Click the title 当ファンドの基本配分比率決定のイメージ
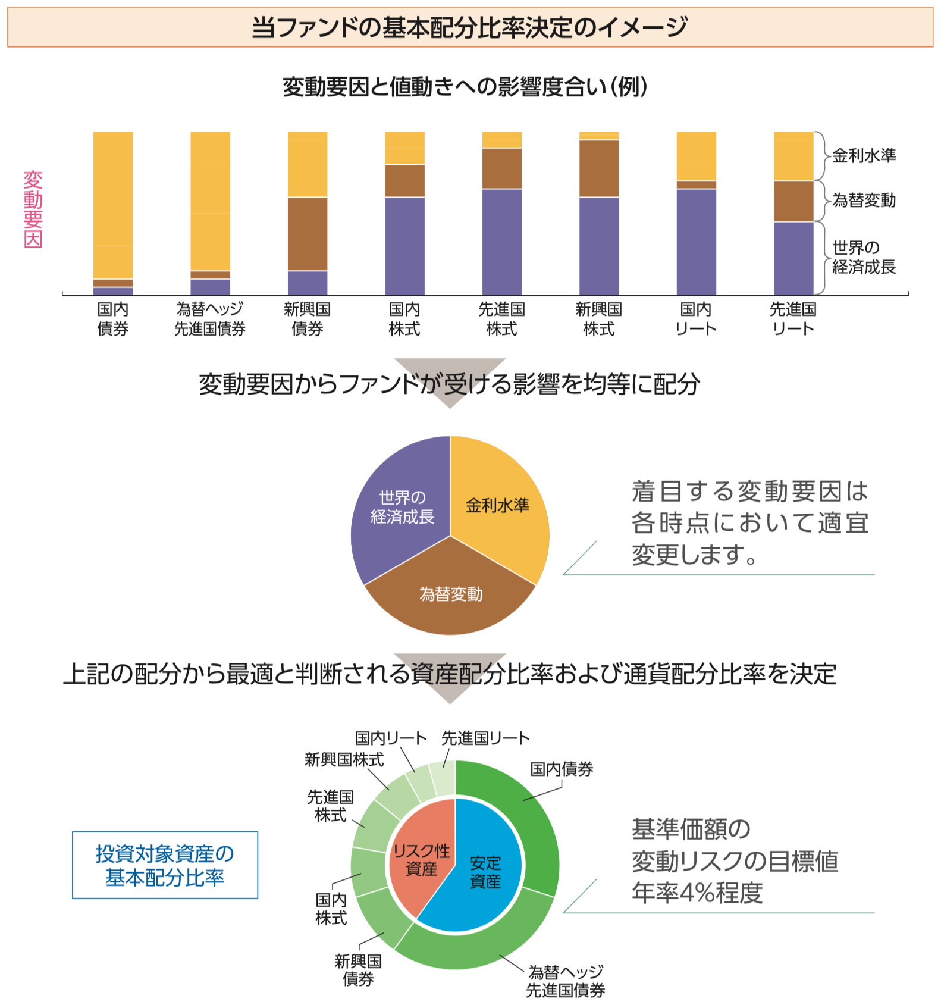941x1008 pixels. point(469,27)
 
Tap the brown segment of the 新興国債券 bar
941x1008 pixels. point(308,234)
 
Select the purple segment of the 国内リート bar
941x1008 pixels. point(696,242)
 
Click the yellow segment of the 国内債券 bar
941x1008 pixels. point(113,205)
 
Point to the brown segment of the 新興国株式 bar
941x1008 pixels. point(599,168)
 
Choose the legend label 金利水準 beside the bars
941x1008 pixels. point(864,156)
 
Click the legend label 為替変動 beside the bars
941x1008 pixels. point(864,201)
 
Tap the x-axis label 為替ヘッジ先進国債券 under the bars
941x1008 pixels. point(210,319)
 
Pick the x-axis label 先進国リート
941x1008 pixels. point(793,319)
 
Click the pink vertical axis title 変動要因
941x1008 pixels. point(33,209)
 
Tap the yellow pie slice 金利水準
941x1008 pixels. point(497,505)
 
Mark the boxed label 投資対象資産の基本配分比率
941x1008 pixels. point(165,865)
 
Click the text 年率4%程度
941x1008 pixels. point(697,893)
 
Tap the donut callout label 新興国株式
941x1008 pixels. point(344,760)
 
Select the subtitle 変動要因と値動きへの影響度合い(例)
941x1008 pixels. point(465,87)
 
